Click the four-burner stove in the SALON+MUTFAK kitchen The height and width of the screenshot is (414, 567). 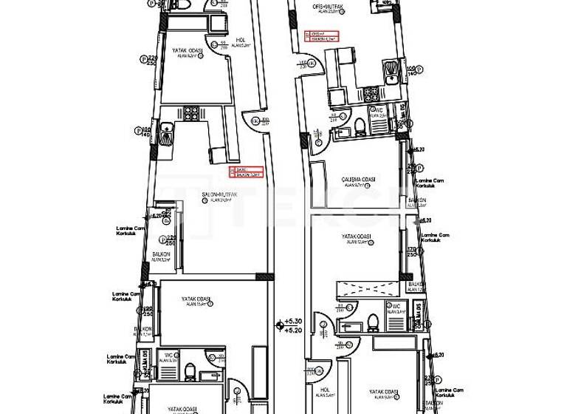pos(191,114)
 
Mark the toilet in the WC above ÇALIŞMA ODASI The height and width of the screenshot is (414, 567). pos(360,128)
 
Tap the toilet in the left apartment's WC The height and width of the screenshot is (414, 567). pos(190,370)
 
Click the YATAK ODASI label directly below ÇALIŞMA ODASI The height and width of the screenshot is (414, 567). pos(356,237)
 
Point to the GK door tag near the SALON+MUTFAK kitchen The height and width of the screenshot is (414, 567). pos(256,121)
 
